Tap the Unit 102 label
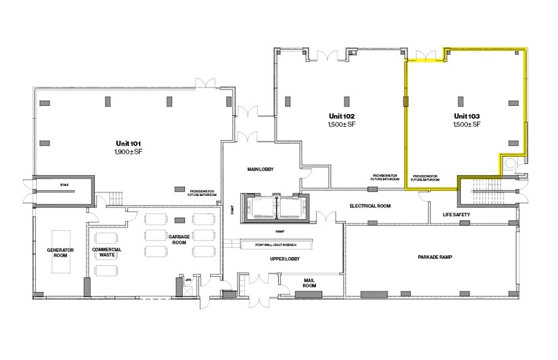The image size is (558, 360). [342, 116]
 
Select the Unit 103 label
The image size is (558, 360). [466, 116]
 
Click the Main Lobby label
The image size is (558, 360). [260, 169]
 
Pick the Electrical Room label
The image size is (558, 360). [370, 206]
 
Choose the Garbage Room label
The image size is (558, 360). [179, 238]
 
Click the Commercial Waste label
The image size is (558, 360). [107, 253]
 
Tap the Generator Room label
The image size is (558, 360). [61, 253]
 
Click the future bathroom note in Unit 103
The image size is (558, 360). [426, 178]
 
